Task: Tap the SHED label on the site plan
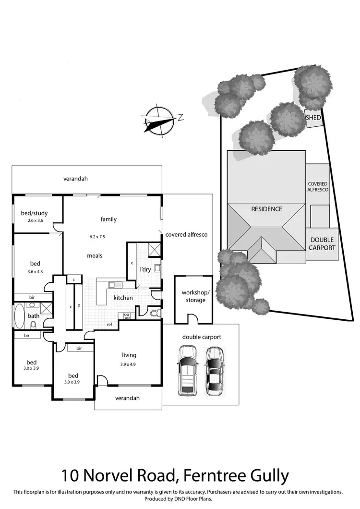tap(314, 118)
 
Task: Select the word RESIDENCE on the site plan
tap(267, 209)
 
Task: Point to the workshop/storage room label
tap(193, 296)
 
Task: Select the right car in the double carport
tap(215, 371)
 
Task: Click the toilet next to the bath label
tap(33, 325)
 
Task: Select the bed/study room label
tap(34, 213)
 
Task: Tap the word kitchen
tap(123, 298)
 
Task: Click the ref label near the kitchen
tap(109, 325)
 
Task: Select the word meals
tap(95, 255)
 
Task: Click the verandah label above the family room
tap(75, 179)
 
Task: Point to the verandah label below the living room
tap(127, 398)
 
